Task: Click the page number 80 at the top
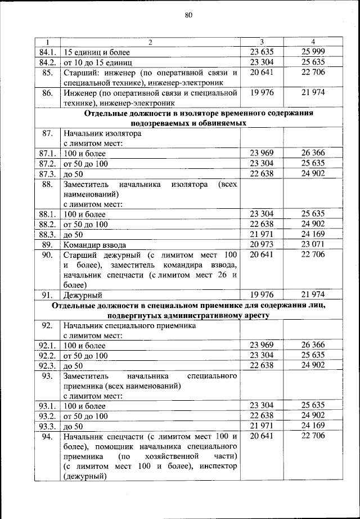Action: (x=188, y=16)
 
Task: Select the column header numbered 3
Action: (x=262, y=42)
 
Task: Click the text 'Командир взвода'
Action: (x=94, y=245)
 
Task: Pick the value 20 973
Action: (x=261, y=244)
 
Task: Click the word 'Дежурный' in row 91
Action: (x=82, y=295)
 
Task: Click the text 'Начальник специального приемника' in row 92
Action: (x=129, y=326)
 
